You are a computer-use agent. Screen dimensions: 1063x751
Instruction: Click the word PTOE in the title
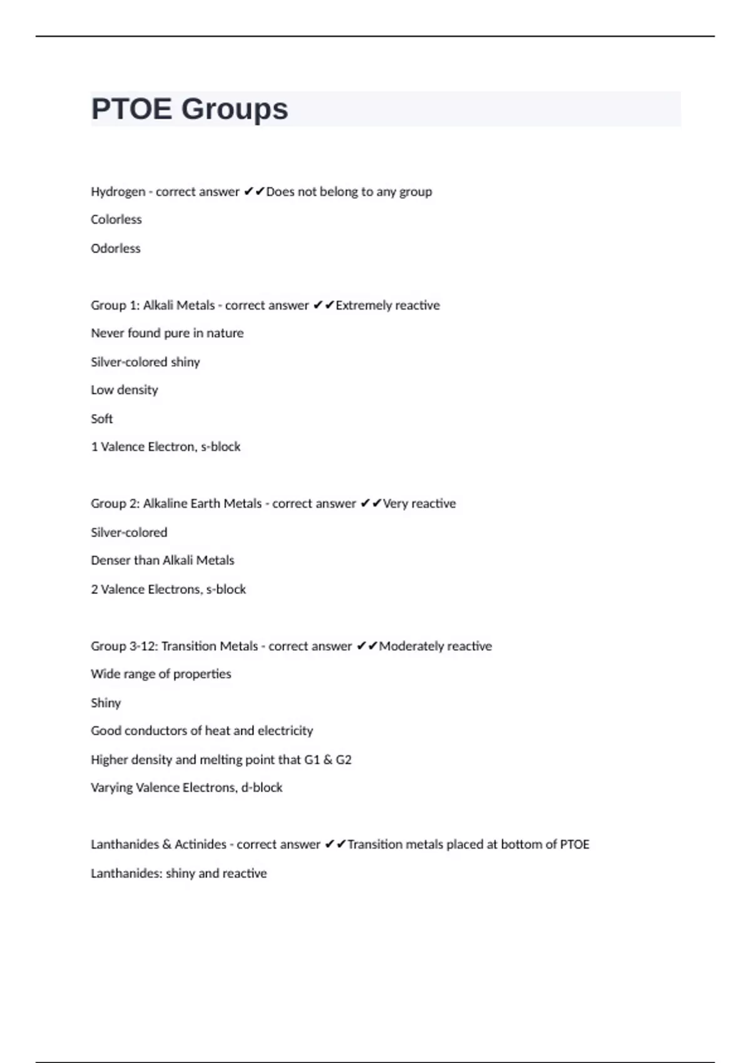point(131,109)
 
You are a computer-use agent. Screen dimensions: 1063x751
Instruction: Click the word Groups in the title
point(235,110)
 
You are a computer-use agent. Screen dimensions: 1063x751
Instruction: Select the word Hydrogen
point(118,191)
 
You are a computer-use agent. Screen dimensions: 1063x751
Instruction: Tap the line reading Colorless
point(116,219)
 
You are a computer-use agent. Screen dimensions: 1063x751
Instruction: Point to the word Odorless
point(116,248)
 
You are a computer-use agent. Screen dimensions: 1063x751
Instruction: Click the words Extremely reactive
point(387,305)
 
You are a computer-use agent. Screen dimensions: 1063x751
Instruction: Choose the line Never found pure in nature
point(167,333)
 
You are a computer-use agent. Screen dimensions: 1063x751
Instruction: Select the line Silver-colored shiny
point(145,362)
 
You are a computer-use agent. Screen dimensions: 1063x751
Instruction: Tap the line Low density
point(125,390)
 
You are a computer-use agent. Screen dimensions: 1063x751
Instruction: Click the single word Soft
point(102,419)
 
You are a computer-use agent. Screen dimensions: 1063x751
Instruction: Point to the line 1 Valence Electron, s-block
point(166,447)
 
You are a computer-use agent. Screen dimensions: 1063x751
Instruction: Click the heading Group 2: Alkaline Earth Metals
point(176,504)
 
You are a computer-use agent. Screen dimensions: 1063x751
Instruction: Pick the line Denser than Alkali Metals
point(163,561)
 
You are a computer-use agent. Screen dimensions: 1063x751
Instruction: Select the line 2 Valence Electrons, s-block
point(168,589)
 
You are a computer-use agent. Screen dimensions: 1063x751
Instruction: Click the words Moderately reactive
point(435,646)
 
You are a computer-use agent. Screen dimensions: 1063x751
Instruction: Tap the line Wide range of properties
point(161,674)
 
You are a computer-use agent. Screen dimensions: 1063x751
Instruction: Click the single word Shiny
point(106,703)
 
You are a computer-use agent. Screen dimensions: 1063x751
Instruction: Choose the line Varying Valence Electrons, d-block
point(186,788)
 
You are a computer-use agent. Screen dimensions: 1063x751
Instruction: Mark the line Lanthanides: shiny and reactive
point(179,874)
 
